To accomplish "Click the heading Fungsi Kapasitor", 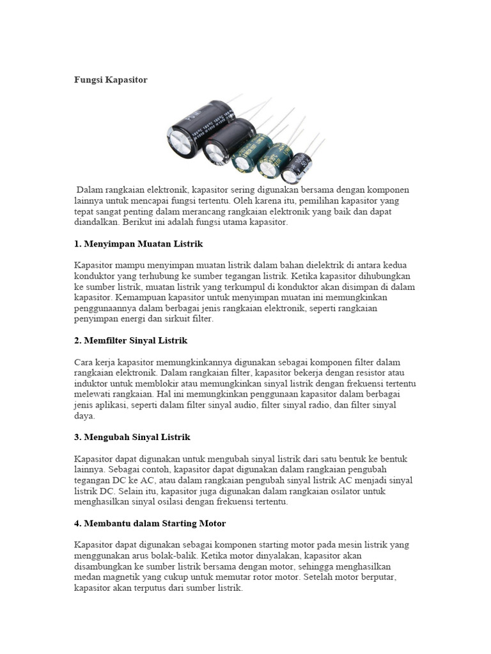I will pos(111,80).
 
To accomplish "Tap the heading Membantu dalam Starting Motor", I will pos(150,523).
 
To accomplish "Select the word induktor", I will pos(92,383).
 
